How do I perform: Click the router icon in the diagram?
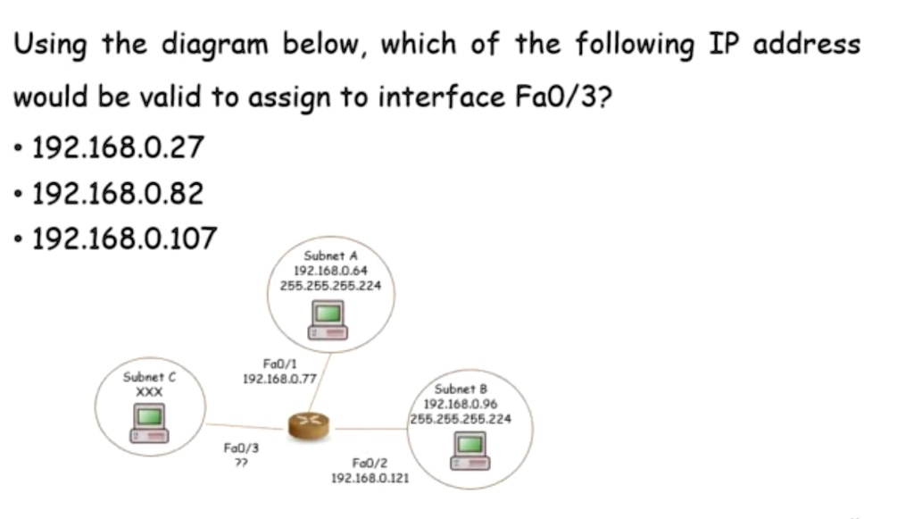(308, 425)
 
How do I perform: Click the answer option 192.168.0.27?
(118, 146)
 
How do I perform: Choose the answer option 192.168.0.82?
(118, 193)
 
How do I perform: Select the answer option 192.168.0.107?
(124, 239)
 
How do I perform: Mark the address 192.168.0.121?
(370, 479)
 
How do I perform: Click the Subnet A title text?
(330, 256)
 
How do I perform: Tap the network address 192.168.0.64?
(330, 271)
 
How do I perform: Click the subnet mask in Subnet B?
(461, 419)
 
